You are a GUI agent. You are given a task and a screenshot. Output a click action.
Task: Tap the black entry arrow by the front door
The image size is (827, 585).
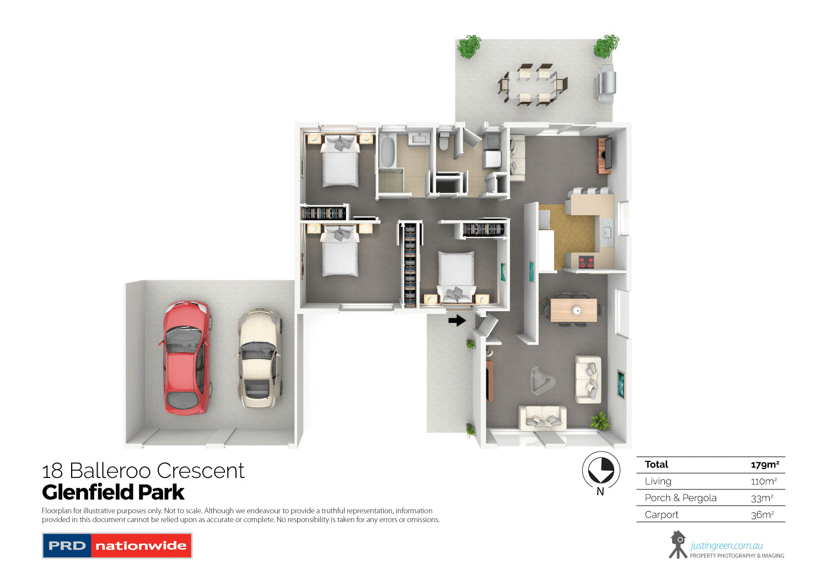[x=457, y=320]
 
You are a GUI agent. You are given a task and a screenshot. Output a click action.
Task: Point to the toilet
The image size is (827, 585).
[x=444, y=142]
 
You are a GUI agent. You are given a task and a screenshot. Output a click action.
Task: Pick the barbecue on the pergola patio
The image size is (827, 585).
[x=605, y=83]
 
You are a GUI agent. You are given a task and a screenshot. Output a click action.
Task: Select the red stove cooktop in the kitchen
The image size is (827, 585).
[x=586, y=262]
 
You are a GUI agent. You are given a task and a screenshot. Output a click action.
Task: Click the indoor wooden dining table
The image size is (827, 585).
[x=573, y=310]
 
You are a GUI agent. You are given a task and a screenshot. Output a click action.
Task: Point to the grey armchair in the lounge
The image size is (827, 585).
[x=540, y=380]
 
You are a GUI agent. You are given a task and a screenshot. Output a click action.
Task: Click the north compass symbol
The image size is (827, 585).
[x=601, y=471]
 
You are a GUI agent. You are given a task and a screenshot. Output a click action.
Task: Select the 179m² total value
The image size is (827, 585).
[x=765, y=465]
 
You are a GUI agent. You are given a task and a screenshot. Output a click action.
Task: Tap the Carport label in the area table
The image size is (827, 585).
[x=662, y=514]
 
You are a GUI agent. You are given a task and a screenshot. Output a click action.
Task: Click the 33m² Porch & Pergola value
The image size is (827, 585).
[x=762, y=498]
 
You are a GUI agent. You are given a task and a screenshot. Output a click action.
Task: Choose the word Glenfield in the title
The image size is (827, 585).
[x=87, y=492]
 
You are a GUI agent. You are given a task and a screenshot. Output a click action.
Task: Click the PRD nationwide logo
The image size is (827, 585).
[x=117, y=546]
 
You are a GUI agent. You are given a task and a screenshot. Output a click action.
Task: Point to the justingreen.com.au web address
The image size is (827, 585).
[x=727, y=546]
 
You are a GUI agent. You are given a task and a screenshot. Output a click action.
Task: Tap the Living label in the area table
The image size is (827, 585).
[x=658, y=481]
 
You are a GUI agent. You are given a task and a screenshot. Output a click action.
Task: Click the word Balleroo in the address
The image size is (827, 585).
[x=110, y=471]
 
